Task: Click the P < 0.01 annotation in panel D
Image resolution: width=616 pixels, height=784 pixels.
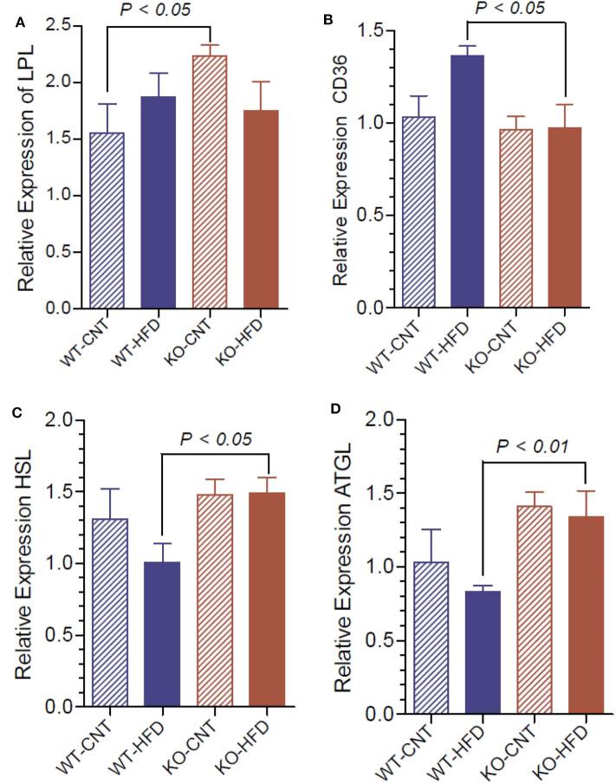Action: point(532,446)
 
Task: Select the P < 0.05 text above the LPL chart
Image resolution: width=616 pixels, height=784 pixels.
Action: point(159,11)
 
